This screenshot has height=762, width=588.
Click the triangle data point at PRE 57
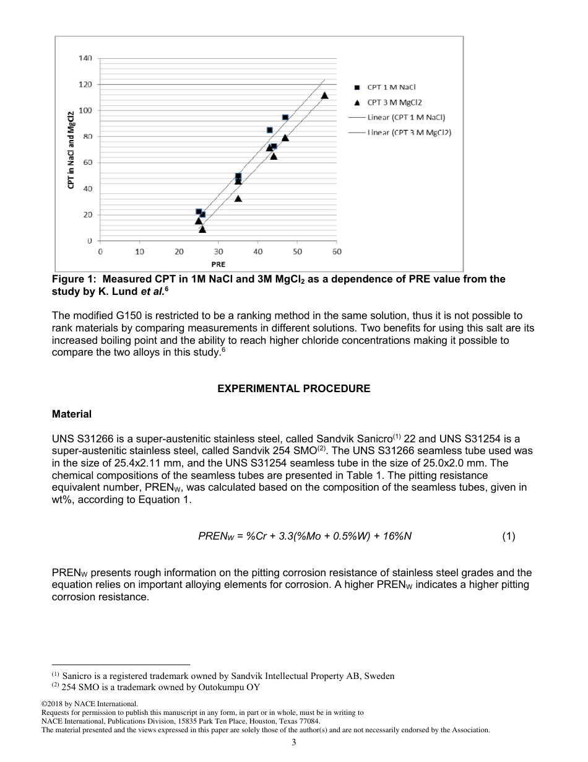pos(324,95)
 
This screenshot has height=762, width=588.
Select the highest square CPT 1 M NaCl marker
pos(285,117)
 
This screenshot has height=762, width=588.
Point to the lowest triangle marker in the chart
pos(202,229)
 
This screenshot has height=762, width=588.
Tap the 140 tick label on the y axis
pos(85,58)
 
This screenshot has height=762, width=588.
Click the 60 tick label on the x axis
pos(337,252)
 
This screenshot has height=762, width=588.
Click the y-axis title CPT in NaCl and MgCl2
pos(71,149)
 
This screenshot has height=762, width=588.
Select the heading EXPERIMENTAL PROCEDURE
pos(294,389)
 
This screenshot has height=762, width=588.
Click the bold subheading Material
pos(72,414)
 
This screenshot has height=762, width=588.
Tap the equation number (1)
pos(508,536)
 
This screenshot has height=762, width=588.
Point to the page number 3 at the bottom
pos(294,743)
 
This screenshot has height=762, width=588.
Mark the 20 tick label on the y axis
pos(87,215)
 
